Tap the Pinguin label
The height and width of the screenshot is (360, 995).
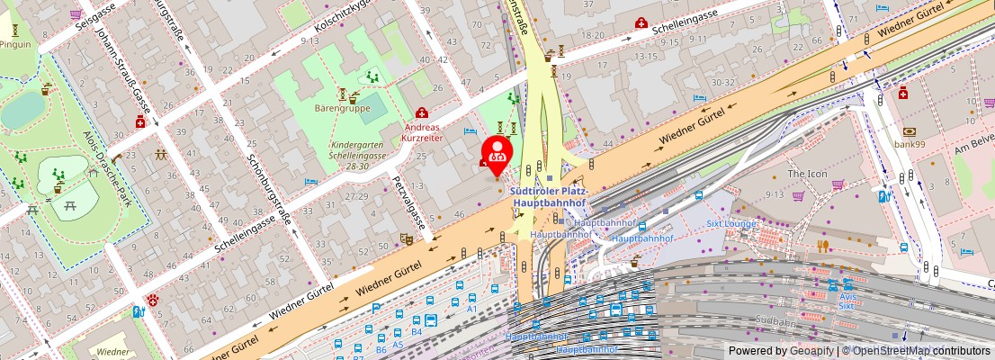(16, 43)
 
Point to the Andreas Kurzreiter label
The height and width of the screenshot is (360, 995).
(422, 132)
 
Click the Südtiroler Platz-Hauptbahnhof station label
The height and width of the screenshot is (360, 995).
(549, 197)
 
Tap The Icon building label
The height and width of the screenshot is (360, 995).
(807, 173)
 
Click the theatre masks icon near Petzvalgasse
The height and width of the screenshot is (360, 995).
(406, 239)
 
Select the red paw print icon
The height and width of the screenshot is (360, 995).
(154, 300)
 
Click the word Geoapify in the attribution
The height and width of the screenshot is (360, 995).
(811, 351)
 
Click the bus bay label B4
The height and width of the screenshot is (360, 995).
(417, 333)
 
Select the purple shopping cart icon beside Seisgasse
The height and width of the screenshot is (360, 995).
(76, 15)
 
